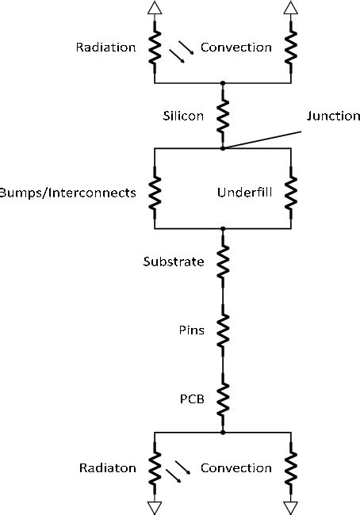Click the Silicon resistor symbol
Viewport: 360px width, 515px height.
[x=223, y=115]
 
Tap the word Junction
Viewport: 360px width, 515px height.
[x=333, y=116]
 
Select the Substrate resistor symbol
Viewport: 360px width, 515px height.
[x=223, y=261]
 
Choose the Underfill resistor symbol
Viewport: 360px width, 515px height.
[x=292, y=193]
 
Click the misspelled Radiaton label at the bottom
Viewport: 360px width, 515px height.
[x=107, y=467]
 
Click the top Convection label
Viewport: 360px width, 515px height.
[x=236, y=47]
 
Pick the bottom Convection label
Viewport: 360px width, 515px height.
[x=236, y=467]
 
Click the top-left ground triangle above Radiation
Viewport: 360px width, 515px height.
[x=154, y=8]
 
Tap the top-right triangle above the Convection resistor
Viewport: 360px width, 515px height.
[x=291, y=8]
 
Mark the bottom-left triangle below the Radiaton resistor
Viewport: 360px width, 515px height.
[x=154, y=505]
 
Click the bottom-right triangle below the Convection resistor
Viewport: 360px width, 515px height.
[x=291, y=505]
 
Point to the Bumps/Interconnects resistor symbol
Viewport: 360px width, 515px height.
[x=154, y=193]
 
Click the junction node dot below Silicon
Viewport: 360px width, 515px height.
[x=223, y=147]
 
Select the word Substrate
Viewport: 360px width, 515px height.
[x=174, y=261]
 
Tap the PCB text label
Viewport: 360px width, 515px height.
[x=193, y=399]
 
